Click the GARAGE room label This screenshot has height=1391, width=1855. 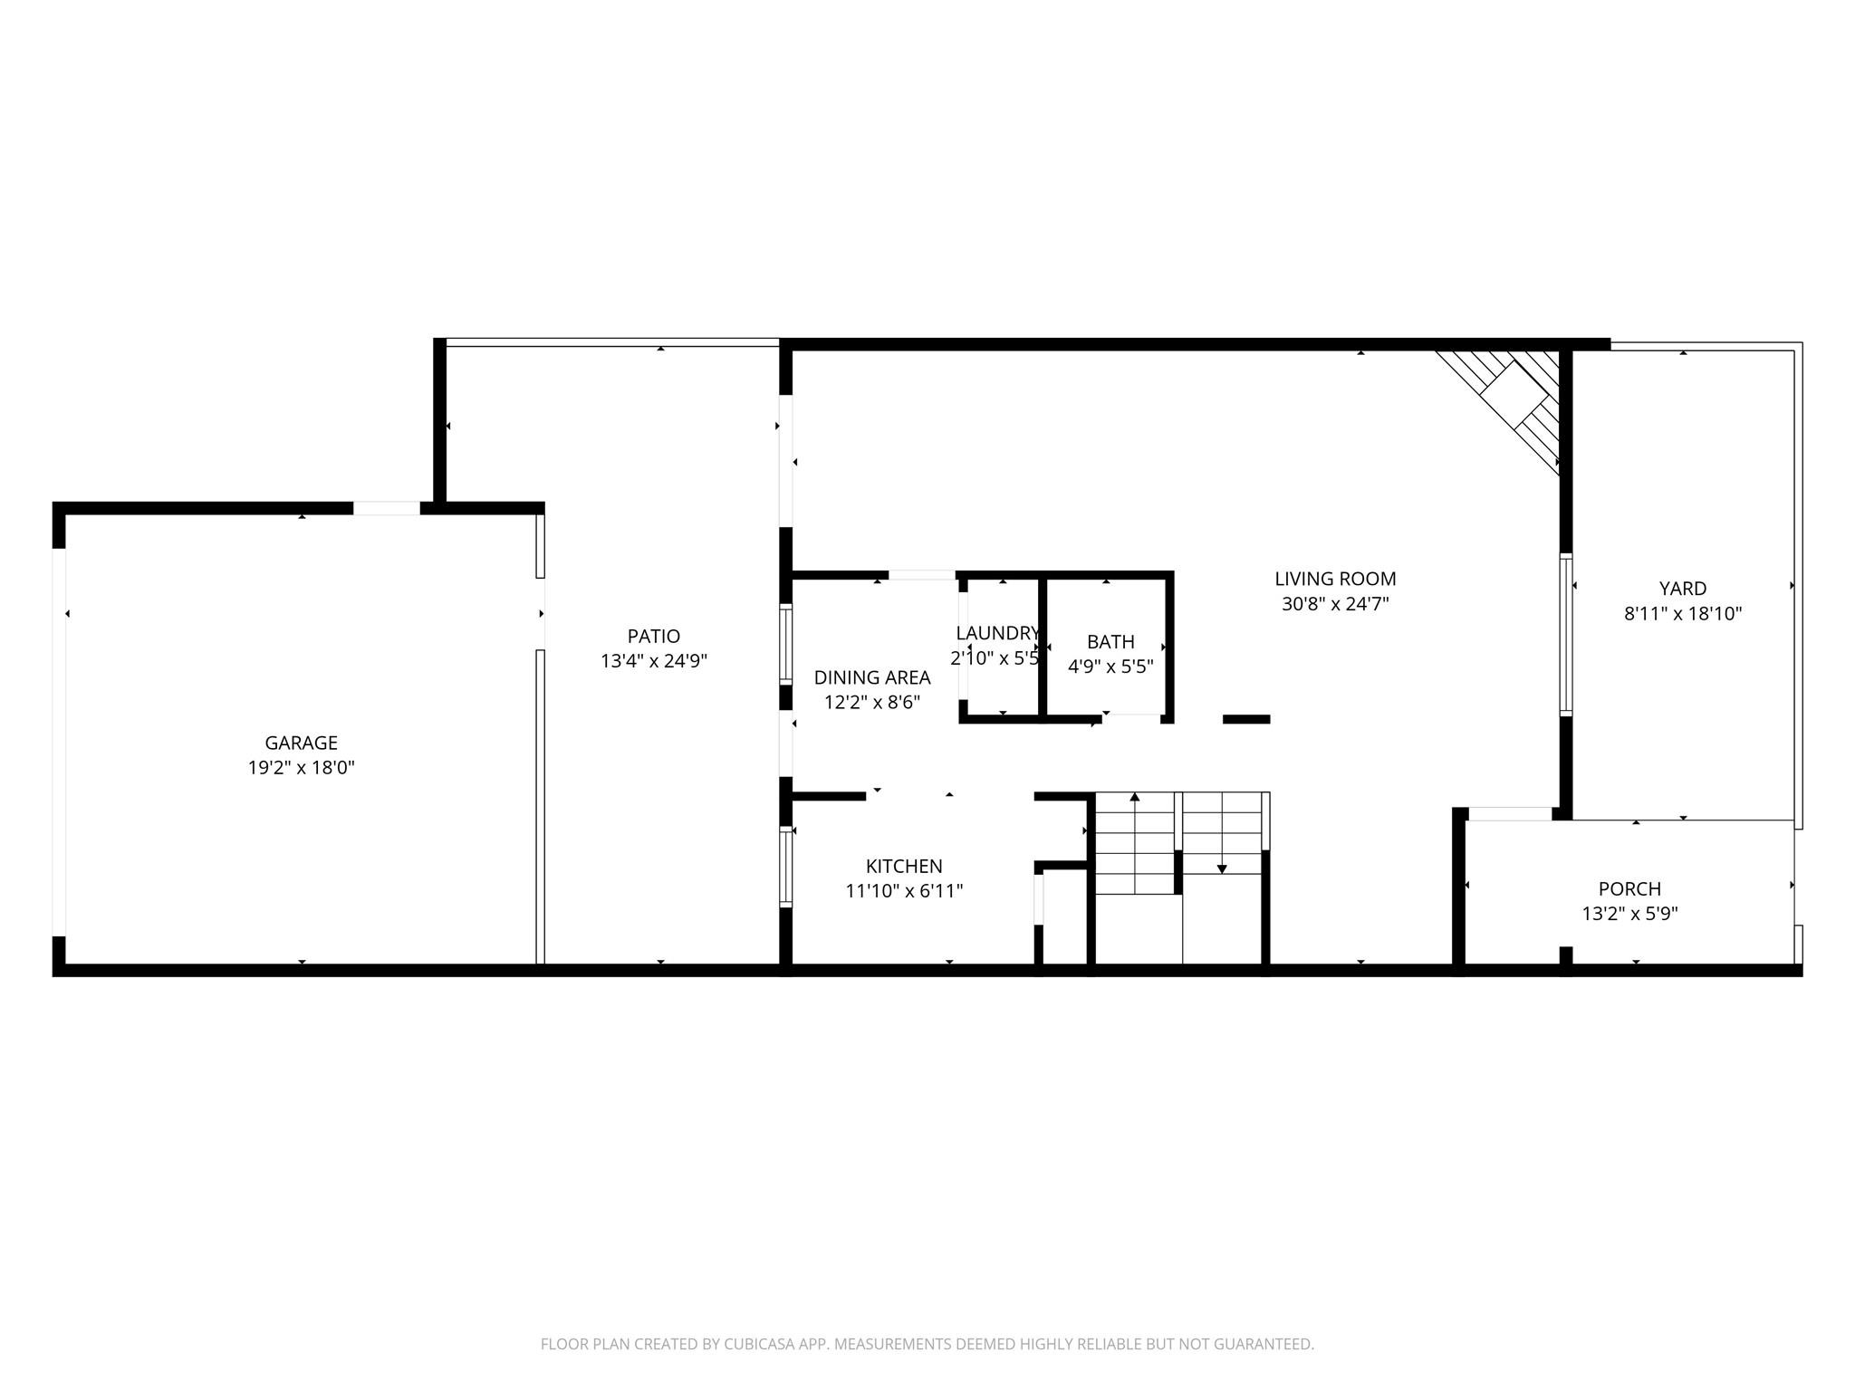[301, 743]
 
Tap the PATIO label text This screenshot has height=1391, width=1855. [653, 637]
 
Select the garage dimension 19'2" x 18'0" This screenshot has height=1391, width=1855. [301, 768]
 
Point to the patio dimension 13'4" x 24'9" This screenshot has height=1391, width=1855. [653, 661]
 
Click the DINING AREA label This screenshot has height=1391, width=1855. [871, 677]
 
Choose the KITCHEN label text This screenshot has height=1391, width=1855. [904, 866]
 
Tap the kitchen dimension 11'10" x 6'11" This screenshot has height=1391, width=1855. [904, 891]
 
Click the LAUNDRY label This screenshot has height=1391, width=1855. [997, 633]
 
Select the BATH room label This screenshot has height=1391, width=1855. [1110, 642]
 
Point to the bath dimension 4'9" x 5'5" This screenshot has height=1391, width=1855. [1110, 667]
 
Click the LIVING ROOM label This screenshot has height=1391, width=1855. [1335, 579]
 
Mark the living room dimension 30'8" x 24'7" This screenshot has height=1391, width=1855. [1335, 604]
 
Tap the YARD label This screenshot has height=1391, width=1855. [1683, 589]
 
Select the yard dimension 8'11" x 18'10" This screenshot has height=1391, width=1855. [1683, 614]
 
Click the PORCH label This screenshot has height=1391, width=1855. [1629, 889]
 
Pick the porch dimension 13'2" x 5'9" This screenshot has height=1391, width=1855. [1629, 915]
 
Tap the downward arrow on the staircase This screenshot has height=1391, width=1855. [1222, 868]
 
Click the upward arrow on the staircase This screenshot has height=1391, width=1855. [1135, 797]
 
